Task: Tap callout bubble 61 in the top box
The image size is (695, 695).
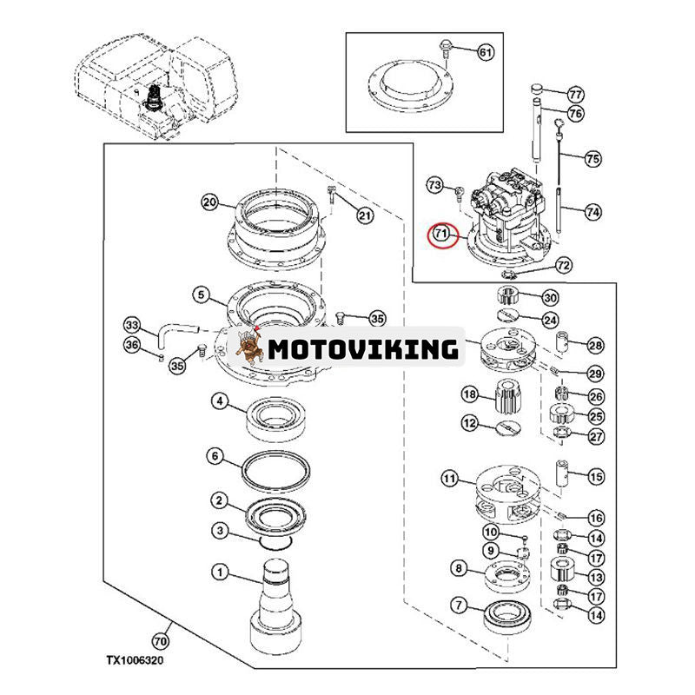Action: (x=484, y=53)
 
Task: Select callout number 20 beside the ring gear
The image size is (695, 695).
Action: (x=208, y=202)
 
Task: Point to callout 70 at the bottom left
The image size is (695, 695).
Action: (x=159, y=642)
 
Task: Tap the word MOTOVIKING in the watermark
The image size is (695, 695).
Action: (x=362, y=349)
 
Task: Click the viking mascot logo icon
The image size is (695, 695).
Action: (x=250, y=348)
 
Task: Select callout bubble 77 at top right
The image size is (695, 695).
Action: (x=575, y=94)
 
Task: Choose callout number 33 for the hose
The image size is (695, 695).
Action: (x=131, y=326)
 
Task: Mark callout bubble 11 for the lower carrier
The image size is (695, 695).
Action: (x=449, y=478)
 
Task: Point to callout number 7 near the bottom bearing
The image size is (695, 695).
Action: (x=457, y=605)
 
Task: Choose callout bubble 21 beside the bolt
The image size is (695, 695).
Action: (x=364, y=215)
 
